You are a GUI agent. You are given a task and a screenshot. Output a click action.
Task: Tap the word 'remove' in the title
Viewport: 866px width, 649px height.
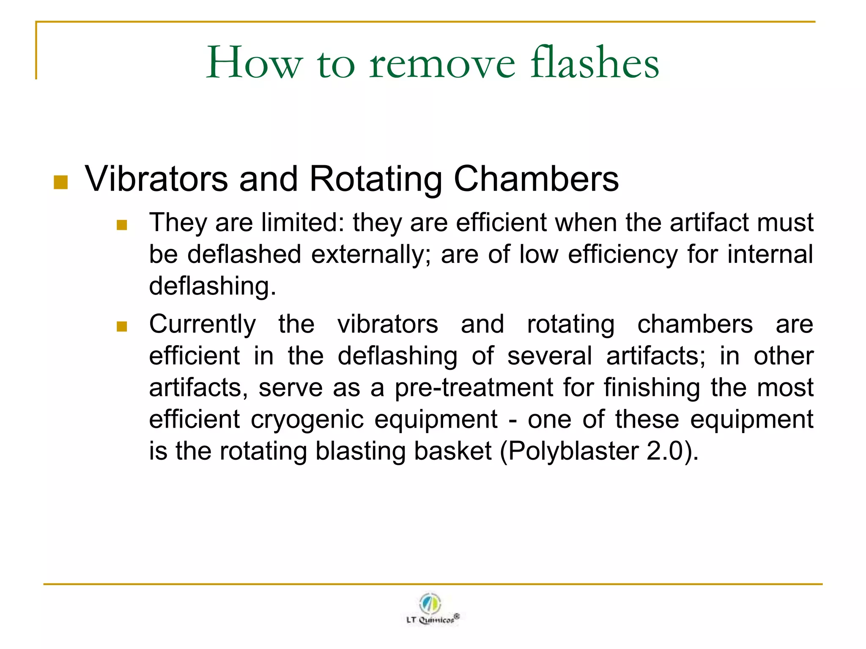442,63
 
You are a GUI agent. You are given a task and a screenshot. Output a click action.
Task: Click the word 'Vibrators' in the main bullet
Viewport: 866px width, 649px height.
156,179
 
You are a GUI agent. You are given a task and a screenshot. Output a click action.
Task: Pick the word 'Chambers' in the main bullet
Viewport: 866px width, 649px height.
536,179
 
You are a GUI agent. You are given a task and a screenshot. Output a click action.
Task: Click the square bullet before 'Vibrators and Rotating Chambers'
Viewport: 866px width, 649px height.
61,183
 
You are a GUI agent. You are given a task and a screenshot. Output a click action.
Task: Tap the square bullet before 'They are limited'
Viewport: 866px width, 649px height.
122,225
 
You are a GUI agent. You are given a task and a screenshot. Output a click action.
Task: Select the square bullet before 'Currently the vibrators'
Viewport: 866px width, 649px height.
122,327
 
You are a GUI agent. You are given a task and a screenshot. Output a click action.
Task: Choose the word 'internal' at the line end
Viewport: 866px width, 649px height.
770,254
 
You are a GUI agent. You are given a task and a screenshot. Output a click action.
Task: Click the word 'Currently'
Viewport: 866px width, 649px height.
203,324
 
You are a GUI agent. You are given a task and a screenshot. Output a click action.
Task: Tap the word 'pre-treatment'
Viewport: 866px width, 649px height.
474,387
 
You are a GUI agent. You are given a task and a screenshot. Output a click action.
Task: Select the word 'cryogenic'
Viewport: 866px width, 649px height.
307,419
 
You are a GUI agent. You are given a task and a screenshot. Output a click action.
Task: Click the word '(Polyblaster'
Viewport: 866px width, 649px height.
569,451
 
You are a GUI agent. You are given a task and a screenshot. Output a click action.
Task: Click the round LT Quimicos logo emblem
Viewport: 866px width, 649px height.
430,603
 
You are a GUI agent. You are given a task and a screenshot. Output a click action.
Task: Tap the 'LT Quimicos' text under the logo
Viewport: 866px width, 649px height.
430,620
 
